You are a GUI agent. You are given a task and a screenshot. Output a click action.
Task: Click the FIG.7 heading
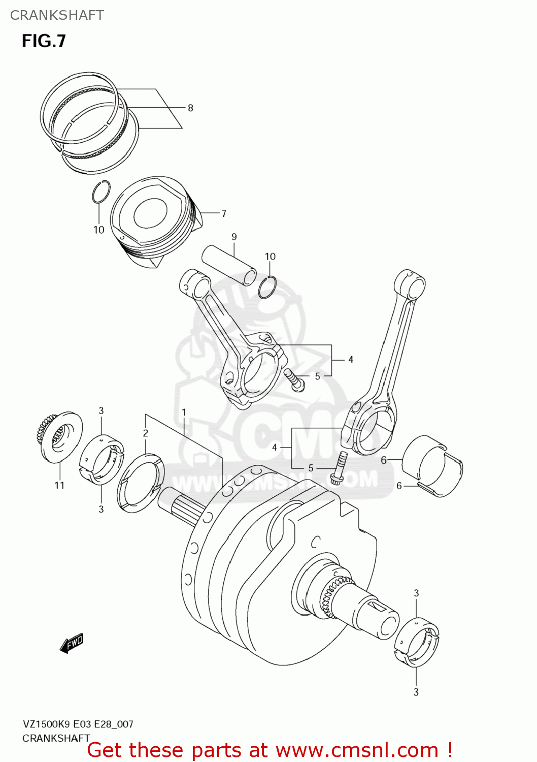pos(44,41)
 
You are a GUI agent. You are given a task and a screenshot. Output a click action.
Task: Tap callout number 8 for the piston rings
pos(190,108)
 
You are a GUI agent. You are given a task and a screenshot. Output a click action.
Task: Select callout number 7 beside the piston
pos(223,213)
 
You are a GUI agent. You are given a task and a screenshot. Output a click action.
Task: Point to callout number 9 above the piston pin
pos(234,237)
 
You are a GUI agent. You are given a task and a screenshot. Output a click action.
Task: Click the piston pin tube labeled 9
pos(228,265)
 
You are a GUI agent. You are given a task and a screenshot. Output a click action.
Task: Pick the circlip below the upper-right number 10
pos(267,288)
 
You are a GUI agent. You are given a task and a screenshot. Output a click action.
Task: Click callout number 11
pos(59,485)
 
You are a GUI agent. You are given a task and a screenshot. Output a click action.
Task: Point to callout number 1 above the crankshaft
pos(184,412)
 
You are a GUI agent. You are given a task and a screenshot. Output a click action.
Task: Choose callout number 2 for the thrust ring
pos(146,433)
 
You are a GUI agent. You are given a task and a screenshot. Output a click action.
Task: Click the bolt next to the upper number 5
pos(295,380)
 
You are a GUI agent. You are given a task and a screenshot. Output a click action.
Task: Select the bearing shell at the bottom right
pos(417,642)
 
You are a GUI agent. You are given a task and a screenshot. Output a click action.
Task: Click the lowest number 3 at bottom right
pos(416,692)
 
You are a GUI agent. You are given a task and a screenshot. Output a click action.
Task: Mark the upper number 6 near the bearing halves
pos(384,460)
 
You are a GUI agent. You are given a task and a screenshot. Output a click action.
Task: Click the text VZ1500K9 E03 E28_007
pos(78,724)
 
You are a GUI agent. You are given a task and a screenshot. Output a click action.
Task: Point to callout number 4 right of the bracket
pos(350,360)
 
